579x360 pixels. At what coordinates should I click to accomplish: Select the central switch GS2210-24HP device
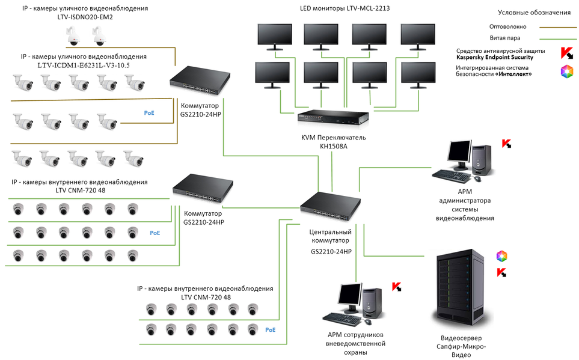click(331, 206)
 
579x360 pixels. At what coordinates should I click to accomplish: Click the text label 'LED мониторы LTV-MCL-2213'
click(341, 9)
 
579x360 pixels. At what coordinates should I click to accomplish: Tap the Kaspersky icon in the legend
click(566, 53)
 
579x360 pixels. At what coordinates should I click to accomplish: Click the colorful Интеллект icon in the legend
click(566, 72)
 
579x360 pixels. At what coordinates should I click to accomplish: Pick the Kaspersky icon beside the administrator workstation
click(507, 144)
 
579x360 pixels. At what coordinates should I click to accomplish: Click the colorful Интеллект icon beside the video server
click(501, 257)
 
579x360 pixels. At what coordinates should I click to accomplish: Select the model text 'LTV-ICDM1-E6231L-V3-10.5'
click(84, 64)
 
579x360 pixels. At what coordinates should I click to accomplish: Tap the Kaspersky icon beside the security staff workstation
click(397, 287)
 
